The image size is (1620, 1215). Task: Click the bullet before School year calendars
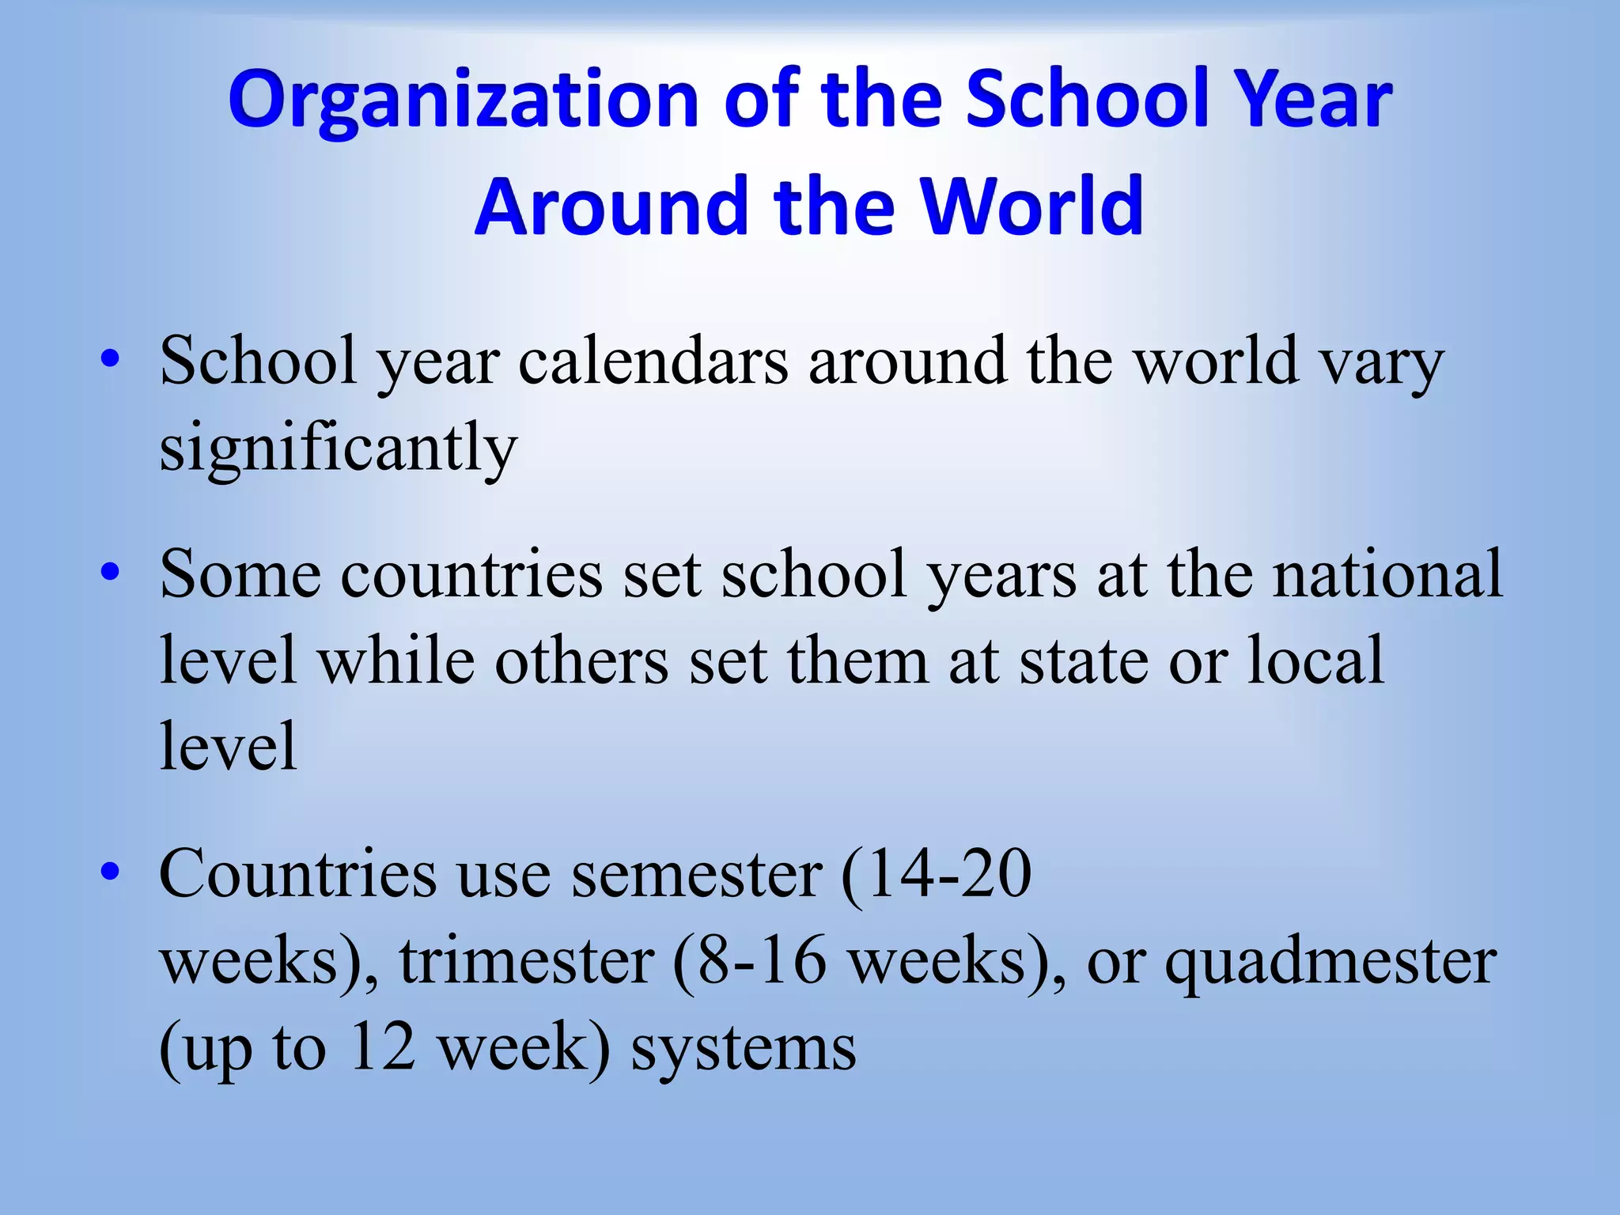pyautogui.click(x=110, y=360)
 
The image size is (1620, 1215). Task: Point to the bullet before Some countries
pyautogui.click(x=110, y=572)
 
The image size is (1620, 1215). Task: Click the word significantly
pyautogui.click(x=339, y=448)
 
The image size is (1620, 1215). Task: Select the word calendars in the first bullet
pyautogui.click(x=653, y=361)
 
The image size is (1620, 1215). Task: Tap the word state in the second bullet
pyautogui.click(x=1084, y=660)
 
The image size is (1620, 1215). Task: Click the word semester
pyautogui.click(x=696, y=874)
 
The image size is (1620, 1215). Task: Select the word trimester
pyautogui.click(x=527, y=960)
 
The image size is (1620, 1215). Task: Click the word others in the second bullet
pyautogui.click(x=581, y=660)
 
